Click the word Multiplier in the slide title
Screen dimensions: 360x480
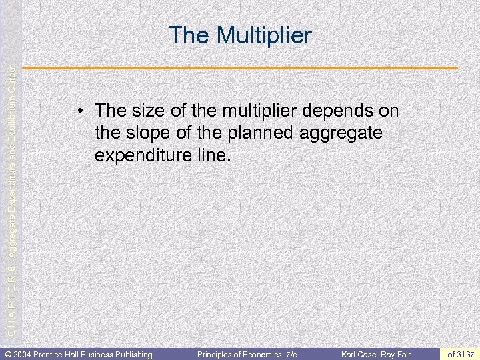(263, 35)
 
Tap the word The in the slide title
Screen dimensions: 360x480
(189, 35)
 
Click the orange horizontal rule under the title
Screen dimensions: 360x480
(241, 69)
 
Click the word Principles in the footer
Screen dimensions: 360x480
(215, 354)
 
